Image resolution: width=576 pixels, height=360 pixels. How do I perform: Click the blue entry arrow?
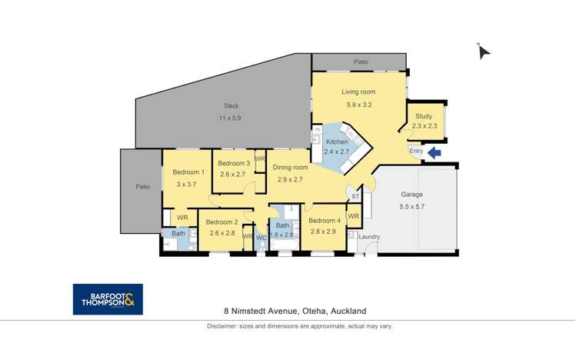pyautogui.click(x=434, y=152)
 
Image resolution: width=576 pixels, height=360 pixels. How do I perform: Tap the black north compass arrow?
pyautogui.click(x=484, y=52)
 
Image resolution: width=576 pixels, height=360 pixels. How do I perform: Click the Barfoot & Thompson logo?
pyautogui.click(x=108, y=299)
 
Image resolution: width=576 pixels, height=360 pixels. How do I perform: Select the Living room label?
pyautogui.click(x=358, y=92)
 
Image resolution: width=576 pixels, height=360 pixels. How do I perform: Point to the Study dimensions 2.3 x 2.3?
pyautogui.click(x=425, y=125)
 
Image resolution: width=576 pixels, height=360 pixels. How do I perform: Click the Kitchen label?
pyautogui.click(x=337, y=142)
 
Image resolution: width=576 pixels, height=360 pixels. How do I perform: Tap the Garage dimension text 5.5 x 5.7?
pyautogui.click(x=411, y=206)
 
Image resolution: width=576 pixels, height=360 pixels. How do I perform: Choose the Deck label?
pyautogui.click(x=231, y=106)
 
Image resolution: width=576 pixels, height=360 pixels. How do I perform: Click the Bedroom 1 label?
pyautogui.click(x=188, y=172)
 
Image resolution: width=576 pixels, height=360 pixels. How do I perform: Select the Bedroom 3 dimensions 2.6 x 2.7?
pyautogui.click(x=232, y=174)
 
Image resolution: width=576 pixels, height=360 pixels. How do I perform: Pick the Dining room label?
pyautogui.click(x=290, y=168)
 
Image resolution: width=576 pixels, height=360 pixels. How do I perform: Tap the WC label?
pyautogui.click(x=261, y=238)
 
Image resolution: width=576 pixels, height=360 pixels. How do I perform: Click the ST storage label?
pyautogui.click(x=355, y=196)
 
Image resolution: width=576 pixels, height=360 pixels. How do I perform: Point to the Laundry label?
pyautogui.click(x=369, y=237)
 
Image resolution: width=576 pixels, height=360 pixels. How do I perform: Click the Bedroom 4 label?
pyautogui.click(x=325, y=221)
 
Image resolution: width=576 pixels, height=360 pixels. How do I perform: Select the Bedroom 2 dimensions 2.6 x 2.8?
pyautogui.click(x=222, y=233)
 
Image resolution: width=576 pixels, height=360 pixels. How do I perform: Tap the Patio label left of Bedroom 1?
pyautogui.click(x=143, y=187)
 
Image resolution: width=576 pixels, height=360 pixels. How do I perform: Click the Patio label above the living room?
pyautogui.click(x=361, y=62)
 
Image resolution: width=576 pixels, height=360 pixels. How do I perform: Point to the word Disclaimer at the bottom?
pyautogui.click(x=222, y=326)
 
